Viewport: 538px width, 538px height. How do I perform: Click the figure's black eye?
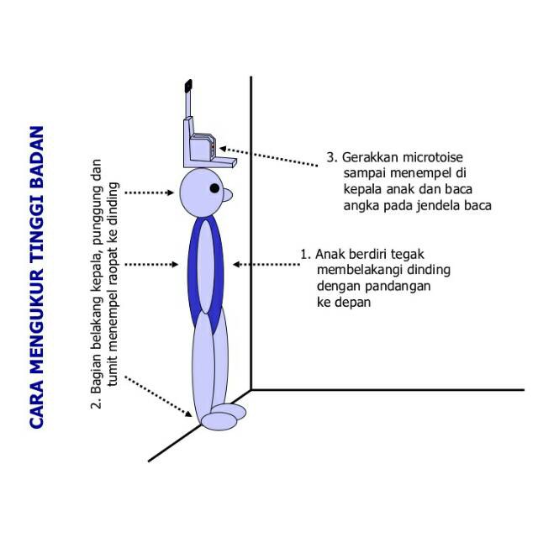(x=214, y=187)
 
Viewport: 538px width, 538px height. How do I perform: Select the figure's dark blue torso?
(x=205, y=265)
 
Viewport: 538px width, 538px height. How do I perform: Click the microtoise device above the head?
(x=200, y=140)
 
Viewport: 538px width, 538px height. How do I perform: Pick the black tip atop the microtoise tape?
(x=188, y=85)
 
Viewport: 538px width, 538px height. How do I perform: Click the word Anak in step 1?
(x=330, y=253)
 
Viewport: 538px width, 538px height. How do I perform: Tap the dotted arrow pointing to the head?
(x=153, y=193)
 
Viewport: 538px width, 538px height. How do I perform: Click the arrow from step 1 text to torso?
(x=266, y=264)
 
